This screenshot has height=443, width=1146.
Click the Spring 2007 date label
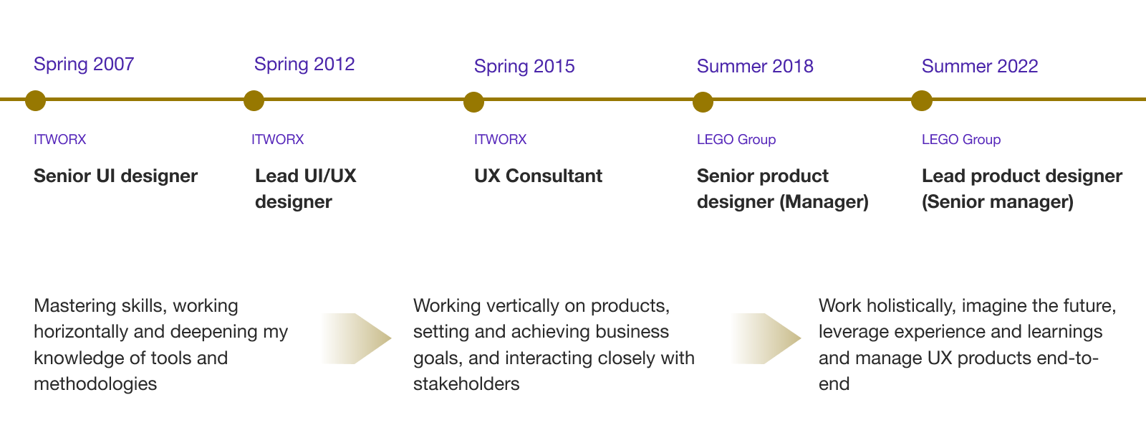[x=84, y=65]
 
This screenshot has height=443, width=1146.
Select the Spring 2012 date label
[x=304, y=65]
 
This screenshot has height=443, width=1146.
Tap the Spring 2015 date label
[x=524, y=67]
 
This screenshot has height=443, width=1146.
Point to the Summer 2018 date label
[x=755, y=67]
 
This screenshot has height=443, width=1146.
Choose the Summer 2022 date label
[x=980, y=67]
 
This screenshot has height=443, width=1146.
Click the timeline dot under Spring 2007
[x=35, y=101]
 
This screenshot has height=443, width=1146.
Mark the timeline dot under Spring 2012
[x=254, y=101]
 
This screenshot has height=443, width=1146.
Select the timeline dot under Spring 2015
[x=473, y=103]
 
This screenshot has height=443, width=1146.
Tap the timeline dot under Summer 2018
[x=703, y=103]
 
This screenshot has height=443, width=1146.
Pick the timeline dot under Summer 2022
[x=921, y=101]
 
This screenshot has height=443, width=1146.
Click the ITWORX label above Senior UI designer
[x=59, y=140]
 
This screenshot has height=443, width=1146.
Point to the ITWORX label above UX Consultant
[x=500, y=140]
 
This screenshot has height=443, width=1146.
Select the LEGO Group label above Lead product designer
[x=960, y=140]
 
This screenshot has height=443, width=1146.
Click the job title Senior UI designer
[x=115, y=176]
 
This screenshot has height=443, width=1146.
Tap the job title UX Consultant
[x=538, y=176]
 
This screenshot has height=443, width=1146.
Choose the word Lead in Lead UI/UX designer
[x=276, y=176]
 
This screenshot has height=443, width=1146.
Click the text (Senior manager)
[x=997, y=202]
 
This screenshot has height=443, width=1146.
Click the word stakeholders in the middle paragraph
[x=466, y=384]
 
